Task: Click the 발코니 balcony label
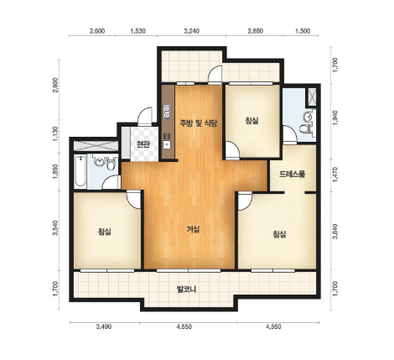point(186,289)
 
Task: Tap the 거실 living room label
point(193,230)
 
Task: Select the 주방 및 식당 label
point(199,123)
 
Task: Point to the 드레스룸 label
point(292,175)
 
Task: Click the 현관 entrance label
point(143,144)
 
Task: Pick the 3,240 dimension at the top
point(192,31)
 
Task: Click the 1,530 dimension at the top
point(138,31)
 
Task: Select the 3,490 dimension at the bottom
point(104,326)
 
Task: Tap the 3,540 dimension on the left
point(56,228)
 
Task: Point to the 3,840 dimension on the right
point(335,231)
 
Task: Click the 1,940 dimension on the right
point(335,117)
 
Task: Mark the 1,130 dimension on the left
point(56,134)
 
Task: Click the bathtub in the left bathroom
point(80,171)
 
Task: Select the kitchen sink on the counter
point(167,144)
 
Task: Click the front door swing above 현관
point(145,116)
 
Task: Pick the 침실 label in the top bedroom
point(251,121)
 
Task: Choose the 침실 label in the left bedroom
point(105,232)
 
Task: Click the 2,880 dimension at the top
point(255,31)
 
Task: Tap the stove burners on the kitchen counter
point(167,111)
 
